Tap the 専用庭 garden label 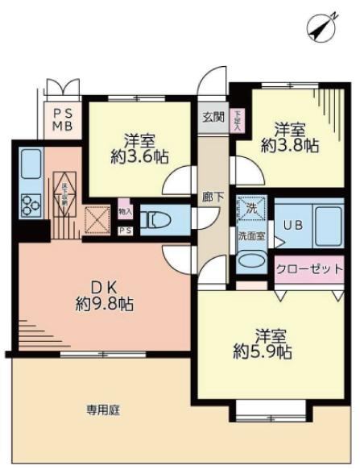coord(103,410)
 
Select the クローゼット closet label coord(310,269)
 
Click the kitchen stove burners coord(31,205)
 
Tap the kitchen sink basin coord(30,165)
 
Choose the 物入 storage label coord(125,211)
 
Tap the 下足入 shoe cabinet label coord(237,120)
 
